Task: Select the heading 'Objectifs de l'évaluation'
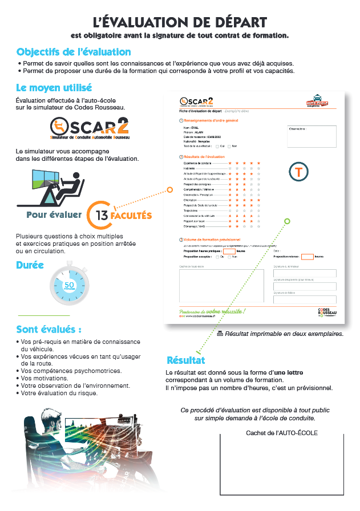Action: [x=74, y=52]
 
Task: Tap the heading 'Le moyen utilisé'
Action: [x=54, y=88]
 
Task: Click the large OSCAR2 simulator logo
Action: [x=89, y=129]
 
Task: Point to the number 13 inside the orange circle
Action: [x=103, y=216]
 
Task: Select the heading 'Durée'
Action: [x=30, y=265]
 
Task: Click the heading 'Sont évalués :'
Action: [x=48, y=330]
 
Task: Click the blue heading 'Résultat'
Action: [x=185, y=360]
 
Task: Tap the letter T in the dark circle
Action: [x=298, y=172]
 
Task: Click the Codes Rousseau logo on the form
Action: [x=326, y=313]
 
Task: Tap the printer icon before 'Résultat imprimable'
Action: [x=220, y=334]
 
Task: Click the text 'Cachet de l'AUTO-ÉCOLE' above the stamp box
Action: [x=282, y=433]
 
